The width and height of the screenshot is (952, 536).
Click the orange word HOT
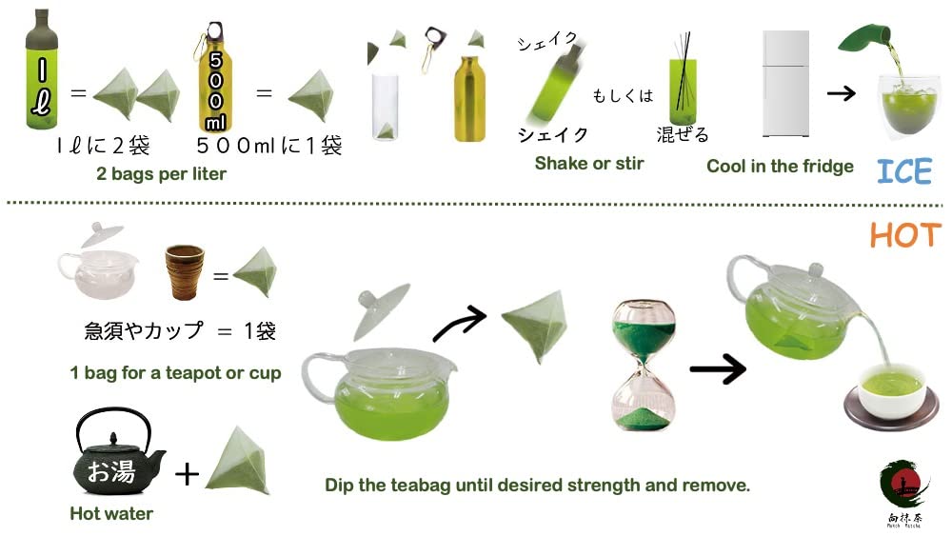[904, 235]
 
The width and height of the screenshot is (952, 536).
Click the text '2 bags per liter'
[161, 174]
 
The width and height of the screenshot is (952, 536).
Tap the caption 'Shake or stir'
[589, 163]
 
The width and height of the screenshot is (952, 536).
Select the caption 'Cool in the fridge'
[780, 167]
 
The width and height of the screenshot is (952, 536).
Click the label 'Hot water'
[111, 513]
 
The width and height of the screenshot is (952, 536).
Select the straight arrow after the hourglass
[718, 368]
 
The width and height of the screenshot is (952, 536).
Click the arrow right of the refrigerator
[839, 94]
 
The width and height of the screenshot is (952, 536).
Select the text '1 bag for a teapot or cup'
[175, 372]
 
